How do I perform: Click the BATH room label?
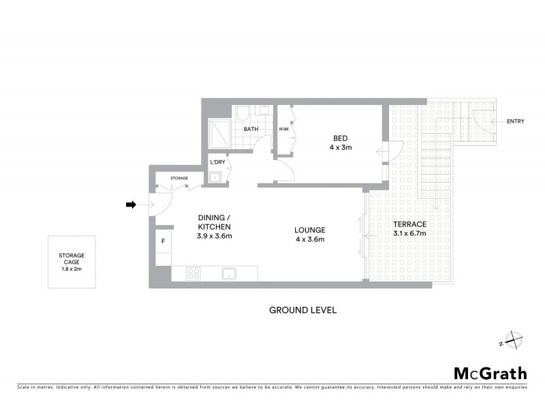(x=251, y=129)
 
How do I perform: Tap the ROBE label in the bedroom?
(x=283, y=129)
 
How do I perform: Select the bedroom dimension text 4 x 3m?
(x=341, y=147)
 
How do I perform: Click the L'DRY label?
(x=218, y=162)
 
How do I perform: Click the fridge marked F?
(x=163, y=241)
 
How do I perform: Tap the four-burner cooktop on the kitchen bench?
(x=193, y=274)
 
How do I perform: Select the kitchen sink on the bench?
(x=228, y=274)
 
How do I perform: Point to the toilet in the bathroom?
(x=244, y=112)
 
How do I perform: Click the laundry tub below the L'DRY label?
(x=217, y=177)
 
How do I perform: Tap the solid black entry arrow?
(x=131, y=204)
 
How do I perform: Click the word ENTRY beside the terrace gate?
(x=516, y=121)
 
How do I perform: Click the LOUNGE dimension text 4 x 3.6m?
(x=310, y=239)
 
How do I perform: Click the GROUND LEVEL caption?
(x=303, y=310)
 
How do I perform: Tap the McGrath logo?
(x=490, y=373)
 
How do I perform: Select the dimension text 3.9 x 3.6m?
(x=215, y=237)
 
